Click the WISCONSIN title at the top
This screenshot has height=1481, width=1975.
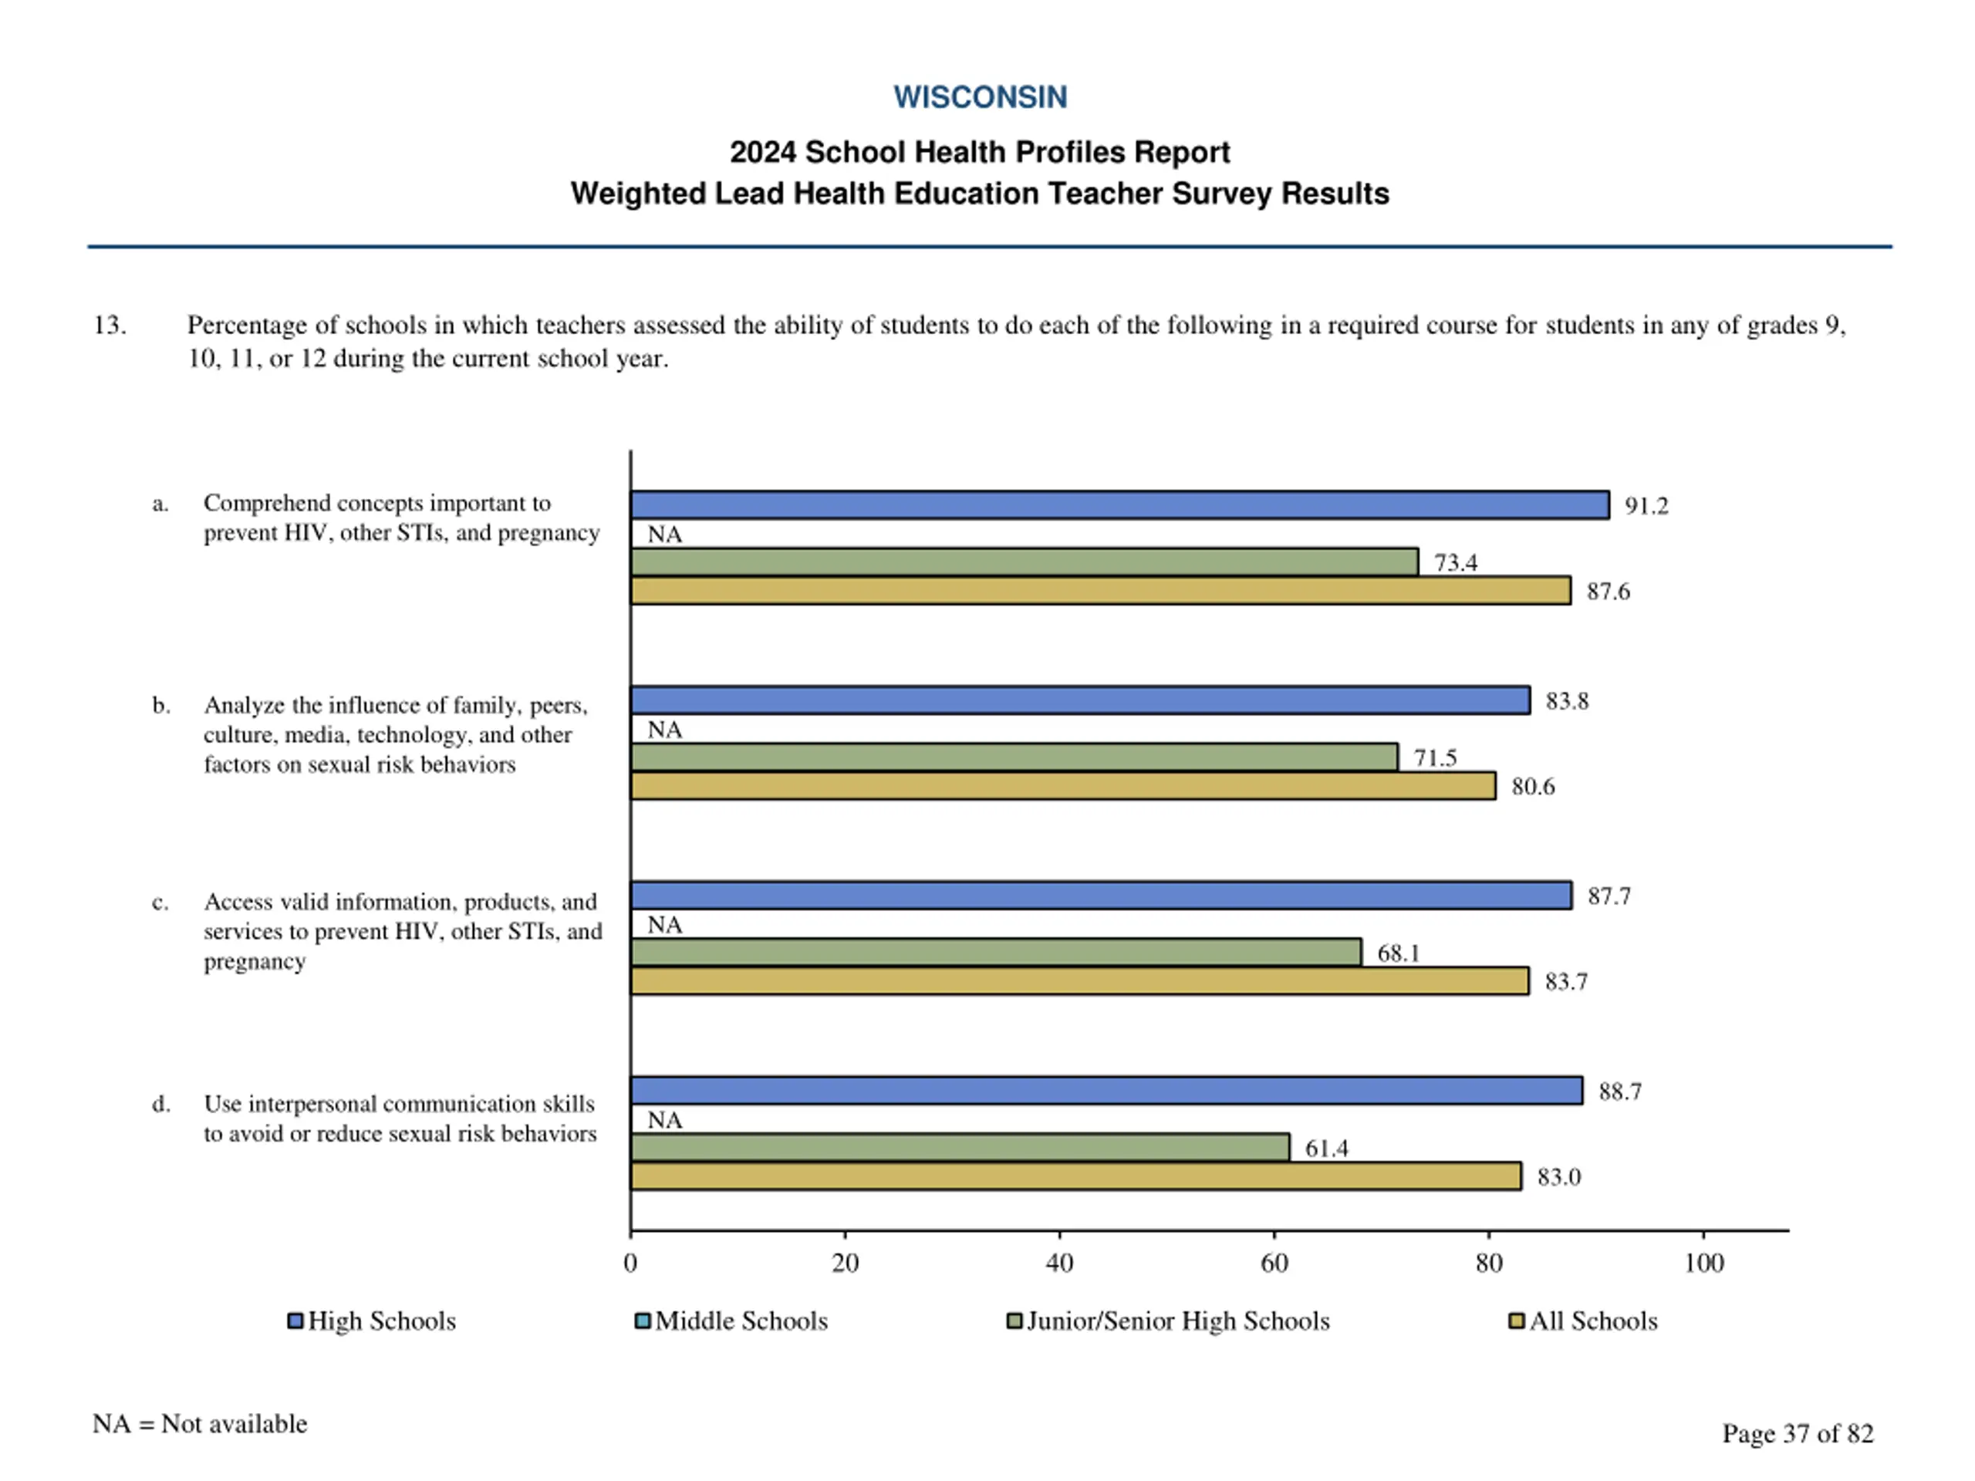[980, 96]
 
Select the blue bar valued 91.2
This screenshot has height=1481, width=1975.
[1119, 505]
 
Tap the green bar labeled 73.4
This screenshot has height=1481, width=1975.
[1023, 562]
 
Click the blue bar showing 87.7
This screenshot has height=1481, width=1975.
[1100, 896]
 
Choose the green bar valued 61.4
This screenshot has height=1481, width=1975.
[959, 1148]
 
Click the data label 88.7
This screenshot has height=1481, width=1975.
[1619, 1091]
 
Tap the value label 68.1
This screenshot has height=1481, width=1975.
[1397, 953]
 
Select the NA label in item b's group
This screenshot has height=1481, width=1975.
[664, 730]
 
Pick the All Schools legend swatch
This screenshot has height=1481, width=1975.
[1515, 1321]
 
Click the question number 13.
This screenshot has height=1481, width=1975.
[110, 325]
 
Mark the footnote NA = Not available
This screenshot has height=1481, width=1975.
[200, 1424]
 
